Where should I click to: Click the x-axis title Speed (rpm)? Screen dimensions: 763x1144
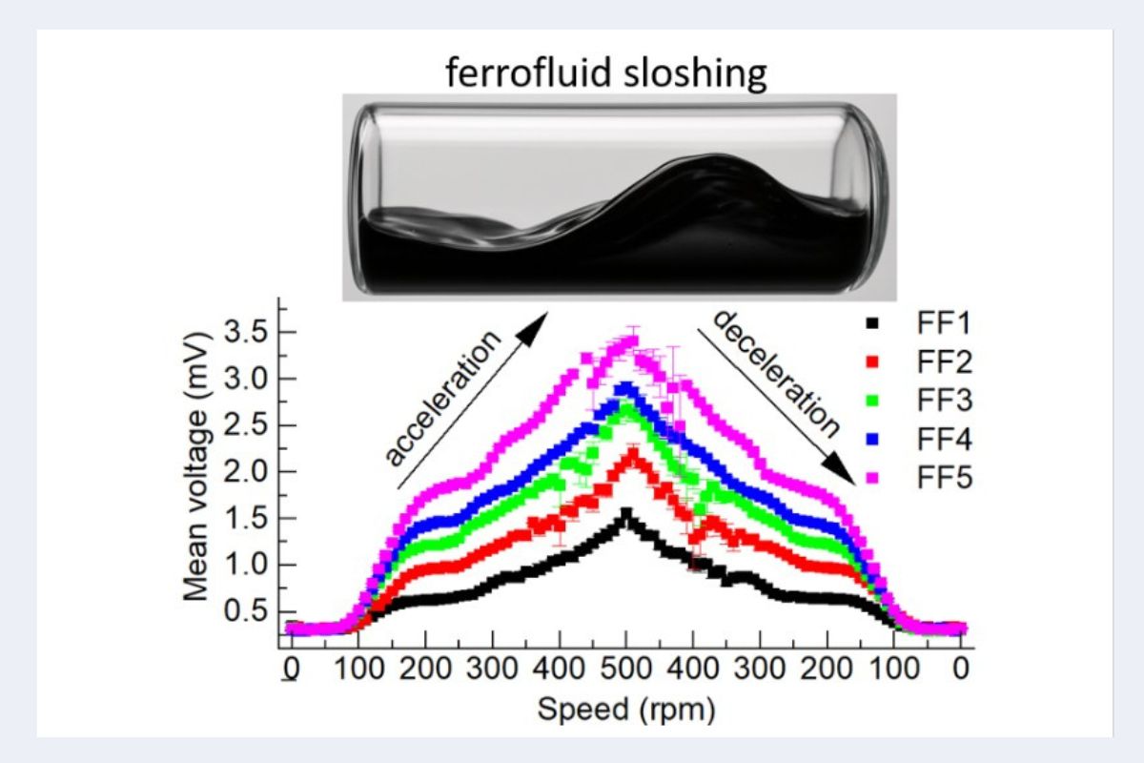[625, 709]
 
